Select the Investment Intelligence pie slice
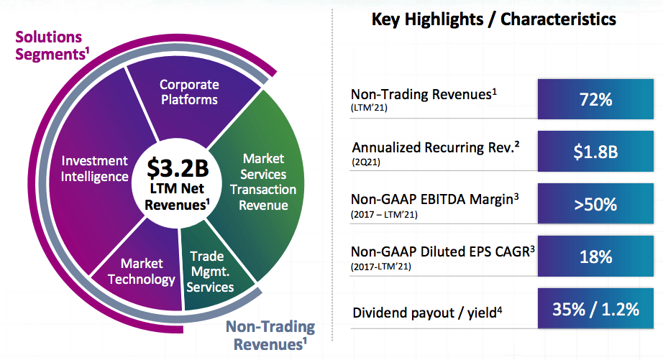click(x=94, y=168)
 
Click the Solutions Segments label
click(x=49, y=45)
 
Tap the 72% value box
click(x=595, y=99)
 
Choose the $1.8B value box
click(x=595, y=152)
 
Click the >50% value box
click(x=595, y=204)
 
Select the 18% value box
click(x=595, y=257)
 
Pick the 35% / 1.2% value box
click(x=595, y=310)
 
